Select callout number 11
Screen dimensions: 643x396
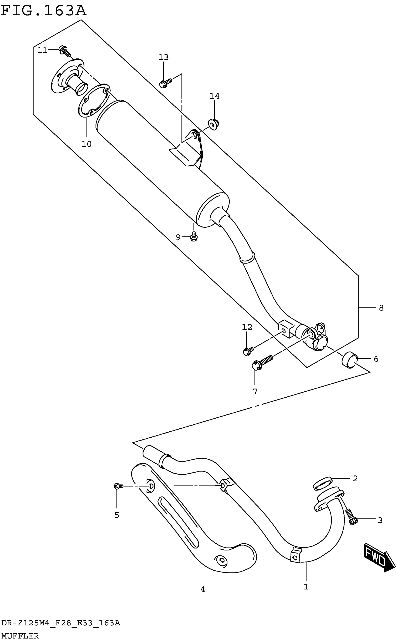tap(42, 50)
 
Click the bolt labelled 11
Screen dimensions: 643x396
tap(65, 51)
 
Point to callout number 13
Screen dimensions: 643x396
tap(164, 57)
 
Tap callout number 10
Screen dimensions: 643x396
tap(86, 144)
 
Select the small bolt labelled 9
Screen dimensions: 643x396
tap(194, 237)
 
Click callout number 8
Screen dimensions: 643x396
tap(381, 308)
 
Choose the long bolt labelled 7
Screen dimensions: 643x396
tap(262, 362)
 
